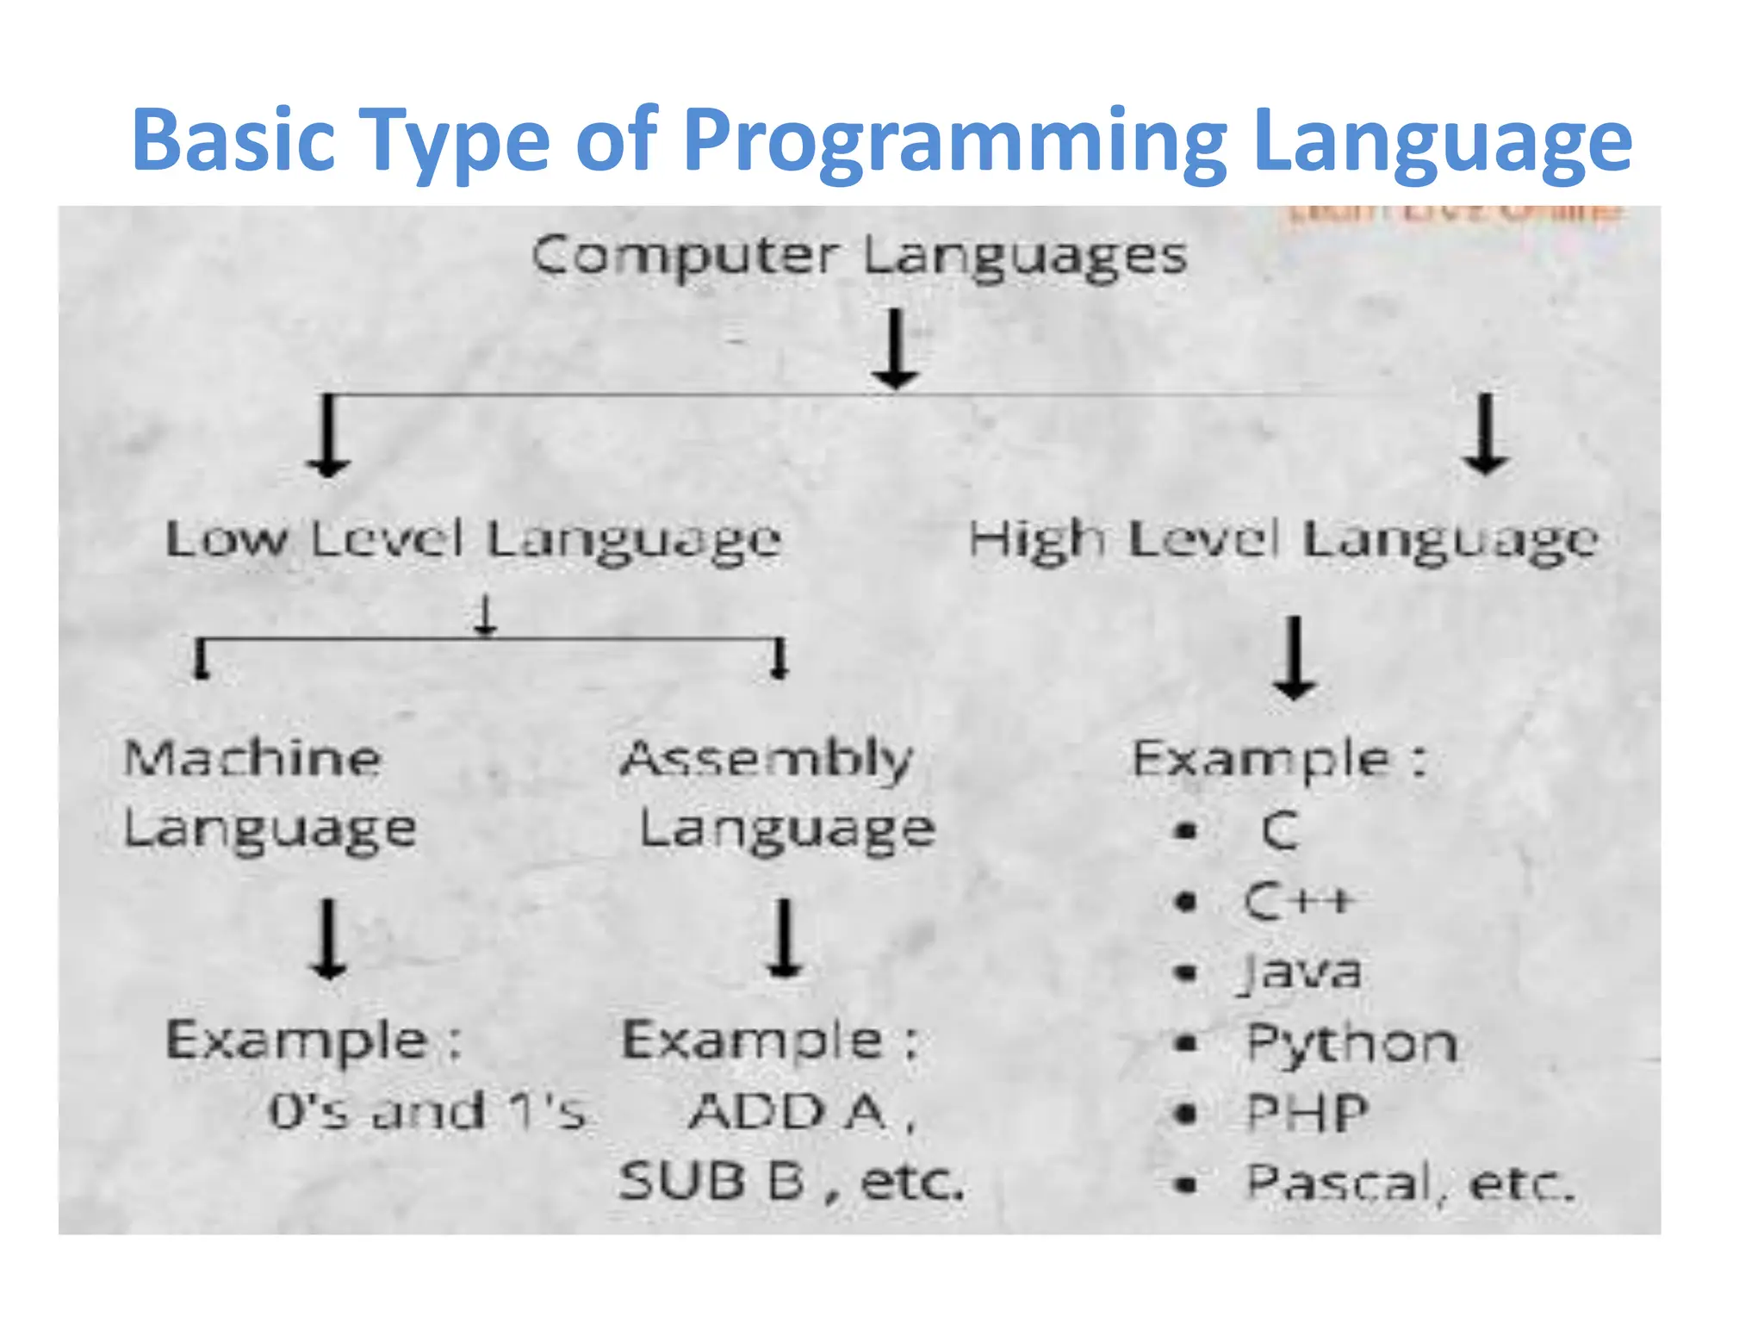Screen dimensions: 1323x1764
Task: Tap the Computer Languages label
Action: [x=859, y=257]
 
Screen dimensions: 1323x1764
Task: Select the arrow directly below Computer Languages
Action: [x=896, y=349]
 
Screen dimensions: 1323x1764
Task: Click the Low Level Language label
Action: [x=473, y=541]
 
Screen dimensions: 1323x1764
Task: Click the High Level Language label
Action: [x=1283, y=541]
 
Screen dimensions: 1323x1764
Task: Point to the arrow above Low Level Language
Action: [x=328, y=435]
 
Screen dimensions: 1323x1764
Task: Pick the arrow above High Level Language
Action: [x=1486, y=433]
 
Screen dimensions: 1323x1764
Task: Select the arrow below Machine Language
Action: [x=328, y=939]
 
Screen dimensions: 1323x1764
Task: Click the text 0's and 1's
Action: [x=427, y=1111]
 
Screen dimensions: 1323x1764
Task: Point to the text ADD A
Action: [x=787, y=1111]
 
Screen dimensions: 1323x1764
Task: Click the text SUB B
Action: [x=711, y=1182]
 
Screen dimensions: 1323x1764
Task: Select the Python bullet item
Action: [x=1351, y=1044]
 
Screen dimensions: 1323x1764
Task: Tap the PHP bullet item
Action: [x=1307, y=1114]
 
